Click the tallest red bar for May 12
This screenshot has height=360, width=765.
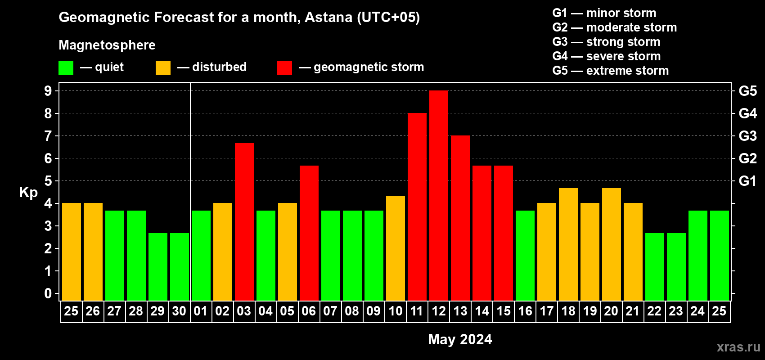point(438,195)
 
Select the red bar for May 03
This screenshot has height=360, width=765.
point(244,222)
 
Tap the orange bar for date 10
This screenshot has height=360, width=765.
point(396,248)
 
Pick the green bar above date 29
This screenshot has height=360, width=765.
point(158,267)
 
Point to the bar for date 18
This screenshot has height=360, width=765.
point(568,244)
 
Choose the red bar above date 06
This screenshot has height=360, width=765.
point(309,233)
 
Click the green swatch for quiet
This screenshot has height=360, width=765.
point(66,67)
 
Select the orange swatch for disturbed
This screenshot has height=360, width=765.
point(163,67)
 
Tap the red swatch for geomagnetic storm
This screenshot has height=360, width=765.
point(284,67)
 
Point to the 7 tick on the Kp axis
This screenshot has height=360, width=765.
point(48,136)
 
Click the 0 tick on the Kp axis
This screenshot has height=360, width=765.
point(48,293)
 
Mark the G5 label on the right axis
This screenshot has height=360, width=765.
point(748,91)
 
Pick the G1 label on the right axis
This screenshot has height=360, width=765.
point(748,181)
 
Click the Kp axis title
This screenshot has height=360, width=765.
point(28,192)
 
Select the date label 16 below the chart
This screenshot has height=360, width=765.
point(525,311)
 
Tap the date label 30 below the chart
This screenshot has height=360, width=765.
point(179,311)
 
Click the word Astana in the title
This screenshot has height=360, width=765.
point(328,17)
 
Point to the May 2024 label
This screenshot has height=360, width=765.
point(460,339)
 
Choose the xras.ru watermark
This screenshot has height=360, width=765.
point(738,347)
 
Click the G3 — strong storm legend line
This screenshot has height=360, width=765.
point(606,42)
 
